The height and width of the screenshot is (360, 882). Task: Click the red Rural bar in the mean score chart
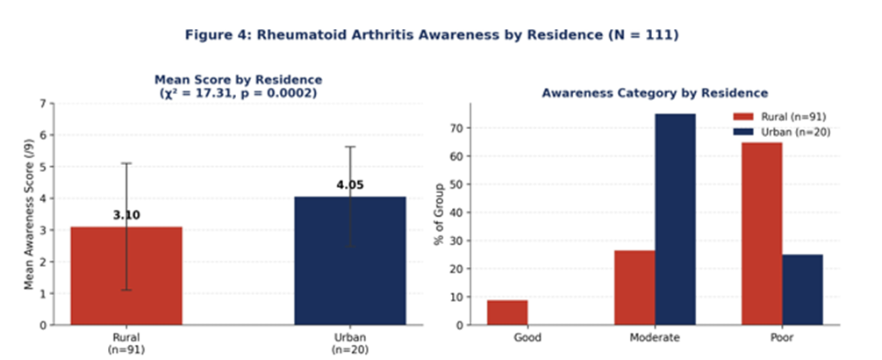[126, 276]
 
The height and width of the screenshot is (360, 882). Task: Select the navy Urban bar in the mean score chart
[350, 261]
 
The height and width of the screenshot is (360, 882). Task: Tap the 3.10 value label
[126, 215]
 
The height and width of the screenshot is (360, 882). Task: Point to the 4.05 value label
[350, 184]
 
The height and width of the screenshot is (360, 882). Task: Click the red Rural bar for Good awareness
[507, 313]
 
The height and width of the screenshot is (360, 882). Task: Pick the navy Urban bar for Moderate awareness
[675, 220]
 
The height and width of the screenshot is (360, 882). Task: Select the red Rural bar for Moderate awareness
[635, 287]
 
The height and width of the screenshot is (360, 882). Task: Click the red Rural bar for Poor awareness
[762, 234]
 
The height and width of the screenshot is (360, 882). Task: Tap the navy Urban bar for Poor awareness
[802, 290]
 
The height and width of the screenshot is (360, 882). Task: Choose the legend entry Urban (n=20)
[781, 132]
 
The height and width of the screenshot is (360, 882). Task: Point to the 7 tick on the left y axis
[43, 104]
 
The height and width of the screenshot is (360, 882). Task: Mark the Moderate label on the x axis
[655, 337]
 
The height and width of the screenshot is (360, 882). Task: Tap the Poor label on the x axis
[782, 337]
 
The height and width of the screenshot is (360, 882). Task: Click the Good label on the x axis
[527, 337]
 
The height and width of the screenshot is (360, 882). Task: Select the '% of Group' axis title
[439, 213]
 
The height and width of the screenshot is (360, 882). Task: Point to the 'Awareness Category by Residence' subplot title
[655, 93]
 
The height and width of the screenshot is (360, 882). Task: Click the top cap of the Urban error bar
[350, 147]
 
